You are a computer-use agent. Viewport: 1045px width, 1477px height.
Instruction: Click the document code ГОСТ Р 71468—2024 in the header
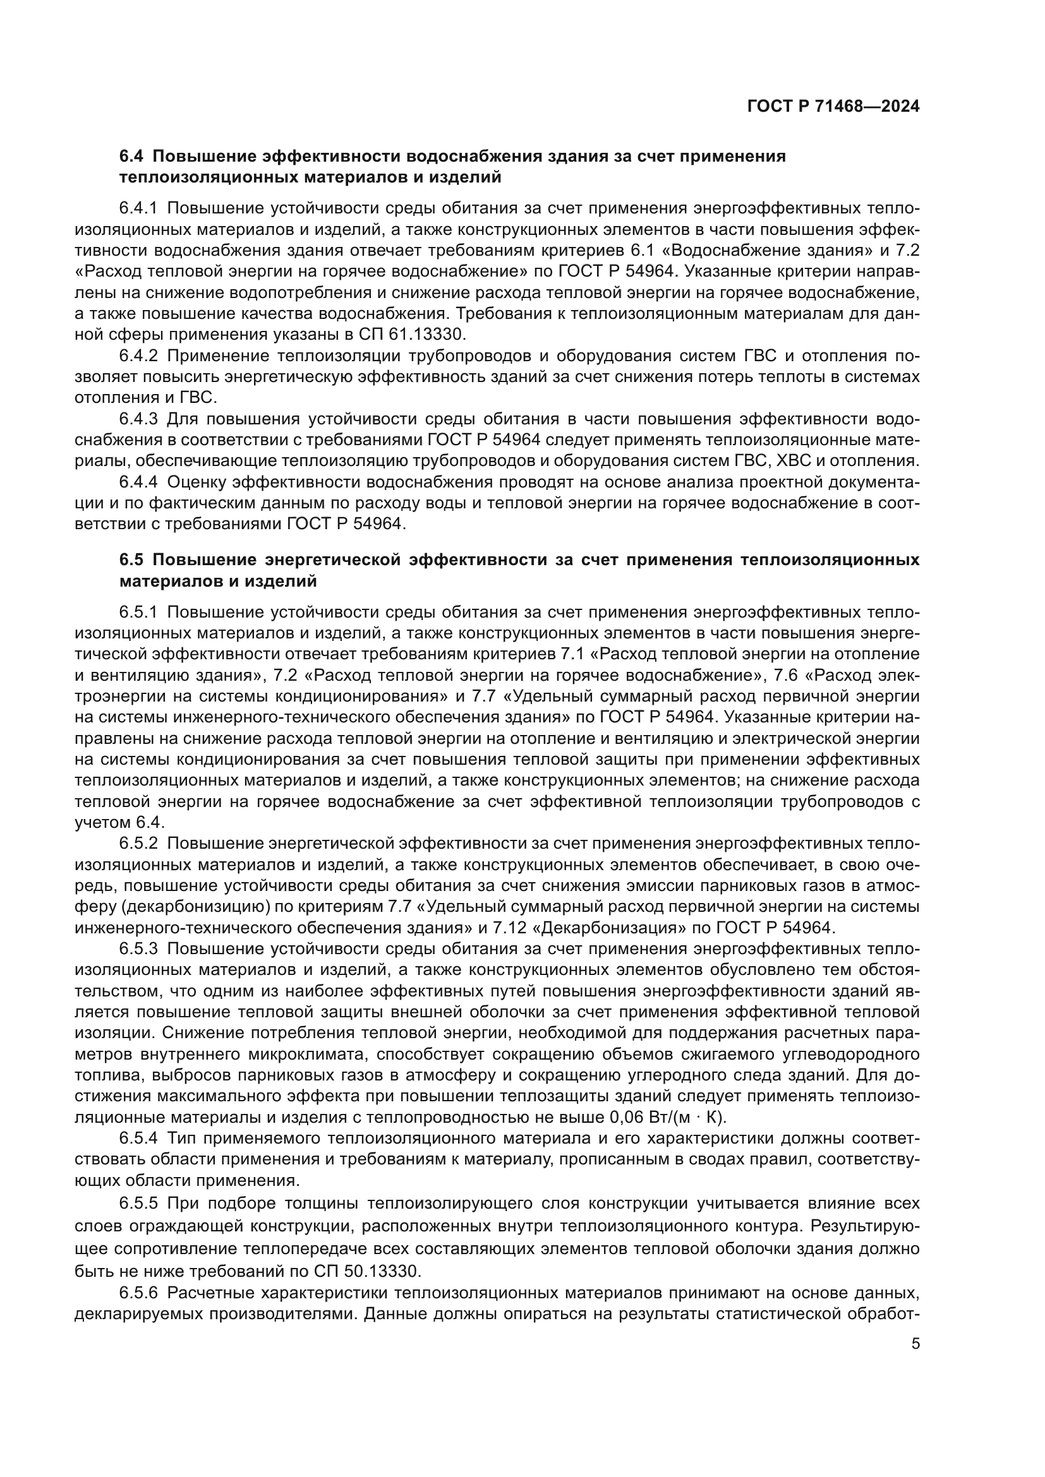833,107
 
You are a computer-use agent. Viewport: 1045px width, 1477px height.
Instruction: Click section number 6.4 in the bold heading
132,157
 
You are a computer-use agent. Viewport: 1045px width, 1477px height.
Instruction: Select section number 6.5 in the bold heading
132,559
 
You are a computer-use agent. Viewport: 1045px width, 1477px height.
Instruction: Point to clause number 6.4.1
138,208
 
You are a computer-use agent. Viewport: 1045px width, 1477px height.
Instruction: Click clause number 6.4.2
138,356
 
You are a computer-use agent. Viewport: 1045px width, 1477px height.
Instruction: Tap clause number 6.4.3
138,419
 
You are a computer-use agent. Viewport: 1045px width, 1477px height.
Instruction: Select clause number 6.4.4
138,482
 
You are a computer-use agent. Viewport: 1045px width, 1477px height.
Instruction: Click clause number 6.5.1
138,612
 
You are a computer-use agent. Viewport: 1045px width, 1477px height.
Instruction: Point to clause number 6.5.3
138,949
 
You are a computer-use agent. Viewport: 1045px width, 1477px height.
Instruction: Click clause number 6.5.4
138,1139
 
